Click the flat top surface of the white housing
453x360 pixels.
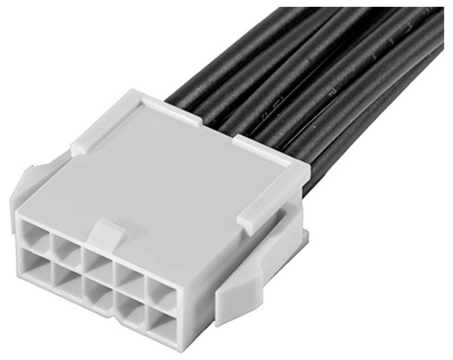click(173, 188)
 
